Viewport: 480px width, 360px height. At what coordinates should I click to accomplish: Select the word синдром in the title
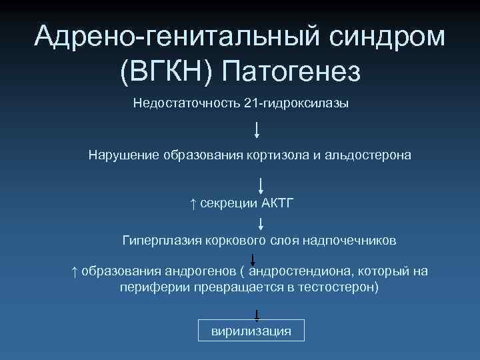[x=391, y=37]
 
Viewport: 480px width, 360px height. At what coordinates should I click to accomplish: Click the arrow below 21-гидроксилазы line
[x=257, y=129]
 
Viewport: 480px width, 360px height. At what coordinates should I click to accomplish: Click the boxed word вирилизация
[x=251, y=331]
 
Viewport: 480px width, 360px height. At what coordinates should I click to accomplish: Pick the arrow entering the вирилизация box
[x=257, y=315]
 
